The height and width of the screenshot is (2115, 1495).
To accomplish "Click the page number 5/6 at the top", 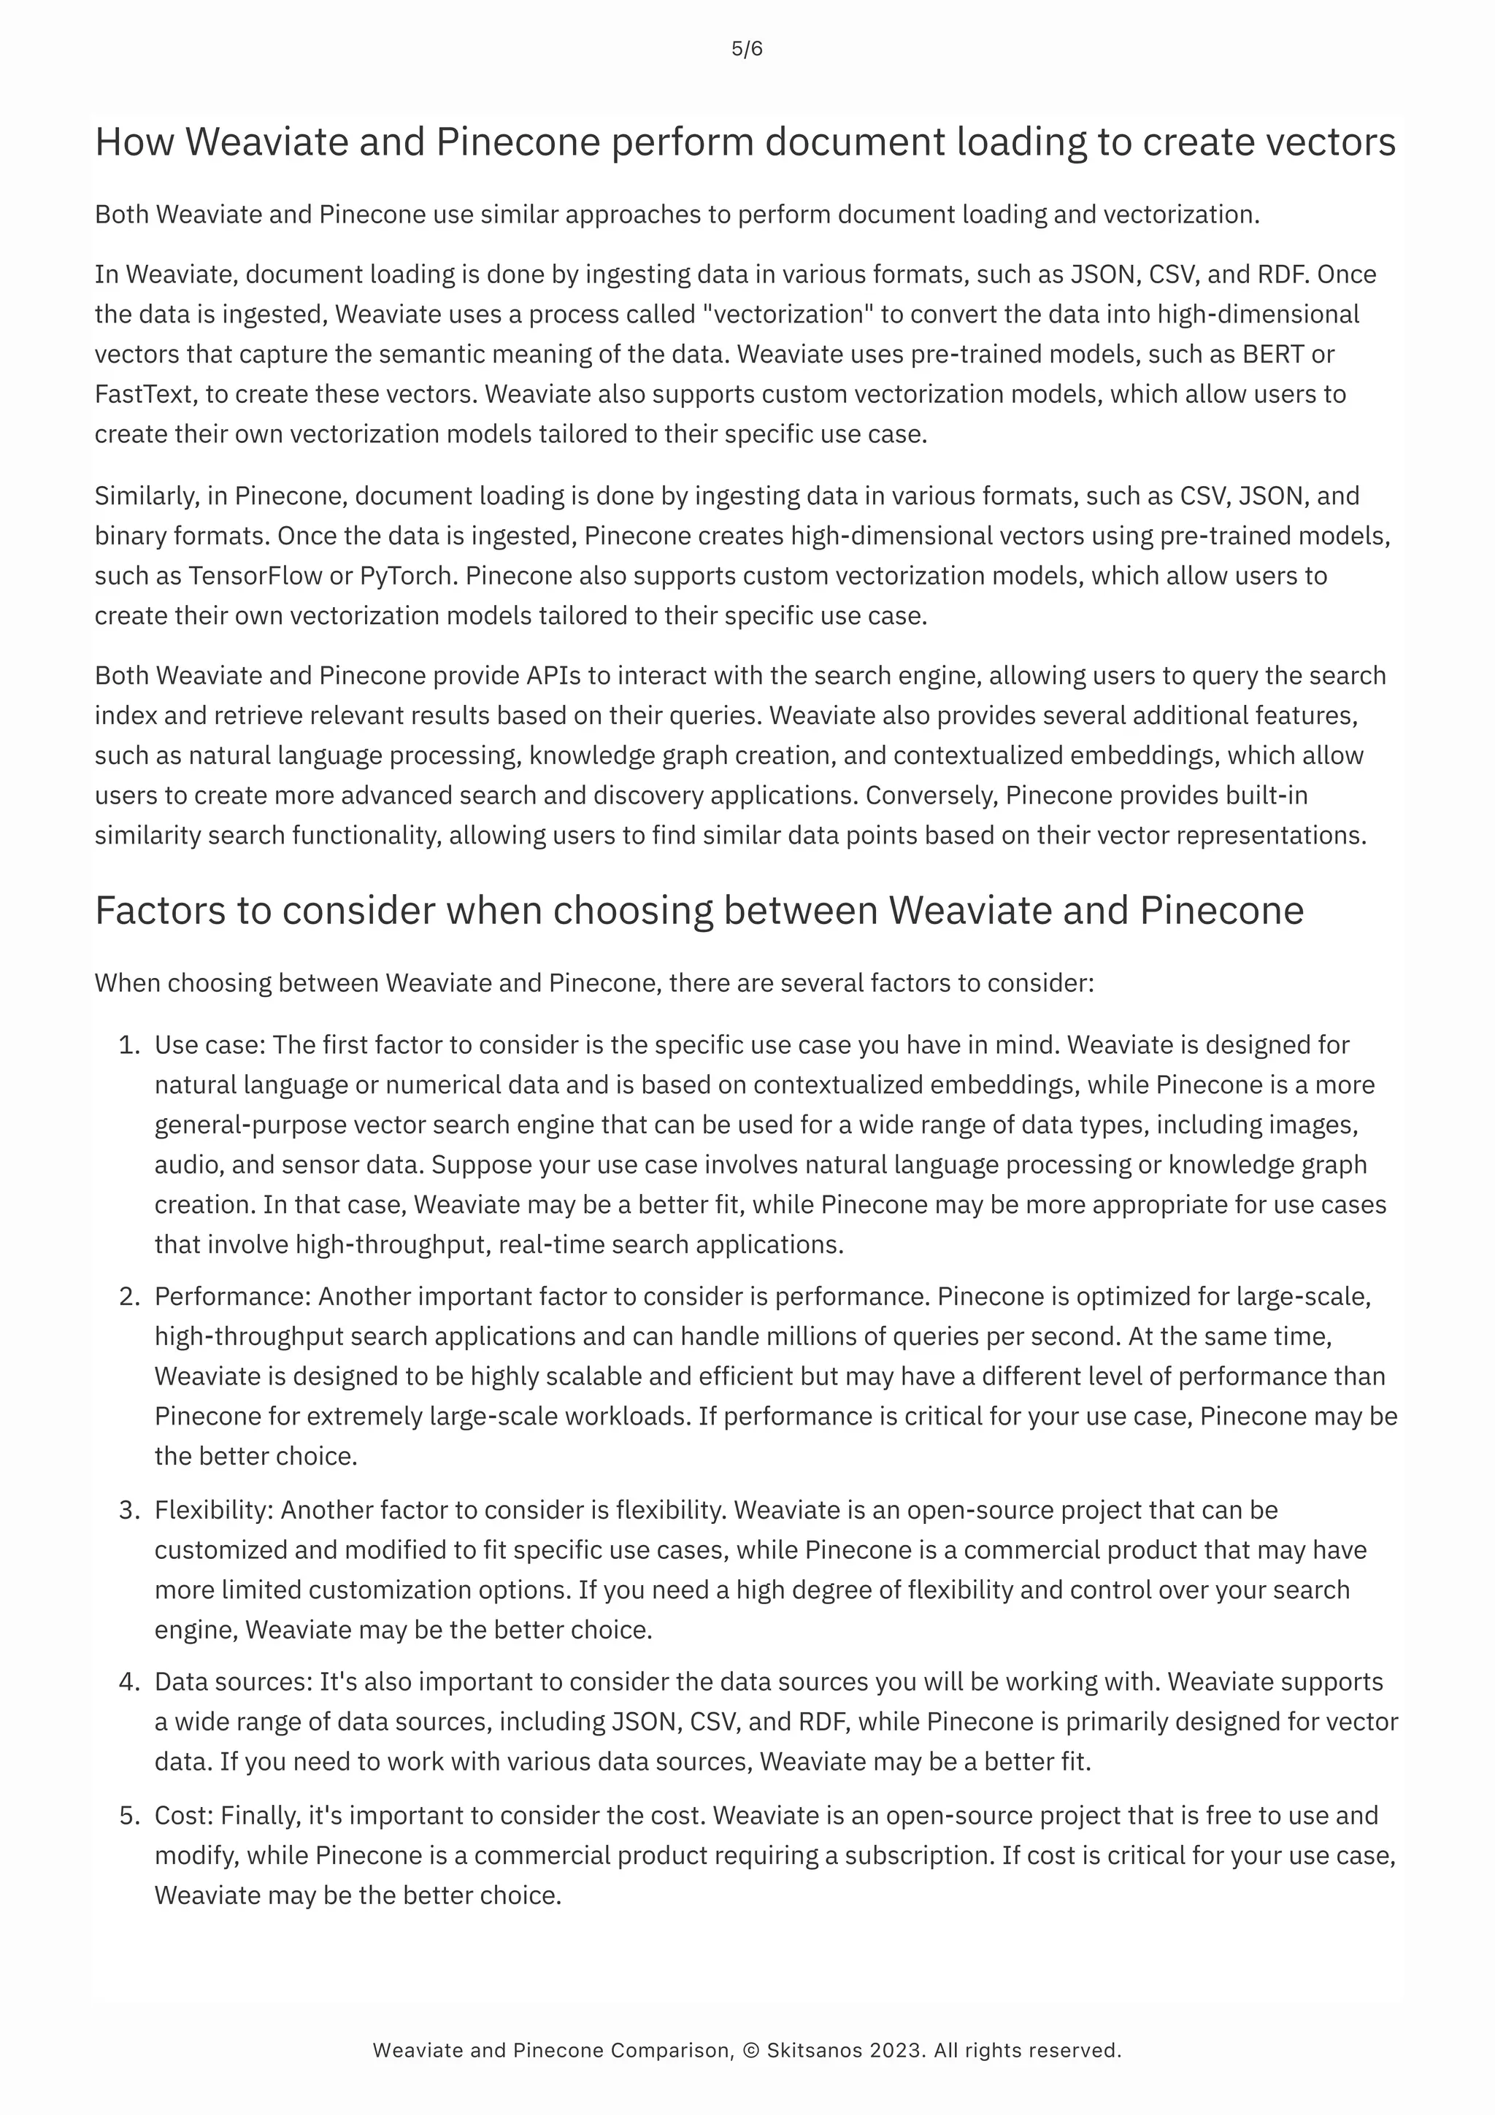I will [x=747, y=50].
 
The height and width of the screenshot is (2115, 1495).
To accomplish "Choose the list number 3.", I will [x=128, y=1511].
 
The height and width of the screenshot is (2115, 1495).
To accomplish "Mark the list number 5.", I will [x=128, y=1816].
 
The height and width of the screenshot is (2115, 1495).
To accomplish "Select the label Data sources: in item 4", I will [x=233, y=1682].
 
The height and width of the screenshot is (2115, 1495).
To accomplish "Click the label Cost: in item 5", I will [x=183, y=1816].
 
